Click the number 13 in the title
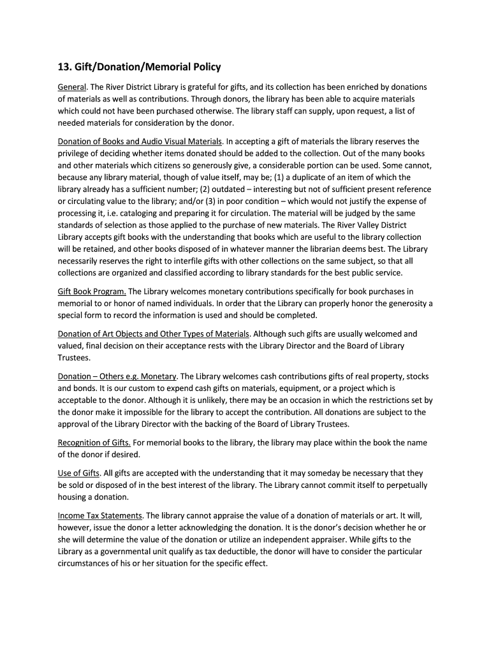click(64, 66)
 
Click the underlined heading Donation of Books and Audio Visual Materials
click(140, 141)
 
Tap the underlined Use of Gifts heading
click(78, 473)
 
